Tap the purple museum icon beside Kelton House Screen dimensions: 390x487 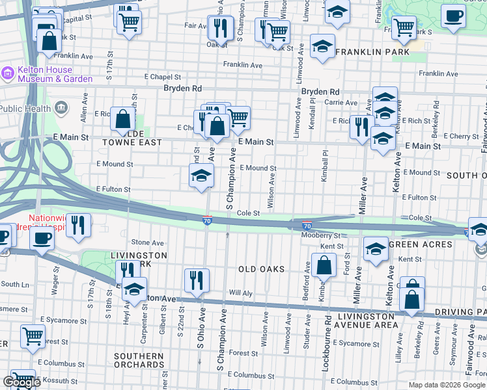click(x=8, y=73)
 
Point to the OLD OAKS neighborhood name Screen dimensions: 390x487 click(x=260, y=269)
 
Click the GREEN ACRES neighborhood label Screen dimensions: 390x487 click(x=420, y=244)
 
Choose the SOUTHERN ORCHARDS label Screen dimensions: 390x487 click(x=139, y=361)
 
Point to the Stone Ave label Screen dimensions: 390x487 click(x=148, y=242)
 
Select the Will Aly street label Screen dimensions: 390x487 click(x=240, y=293)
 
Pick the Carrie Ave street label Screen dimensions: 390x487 click(x=341, y=103)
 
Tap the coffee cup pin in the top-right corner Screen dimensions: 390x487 click(x=453, y=16)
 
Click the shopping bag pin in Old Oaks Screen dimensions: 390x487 click(x=324, y=266)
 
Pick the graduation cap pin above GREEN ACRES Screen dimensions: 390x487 click(x=375, y=249)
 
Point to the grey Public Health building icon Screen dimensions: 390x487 click(x=61, y=107)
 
